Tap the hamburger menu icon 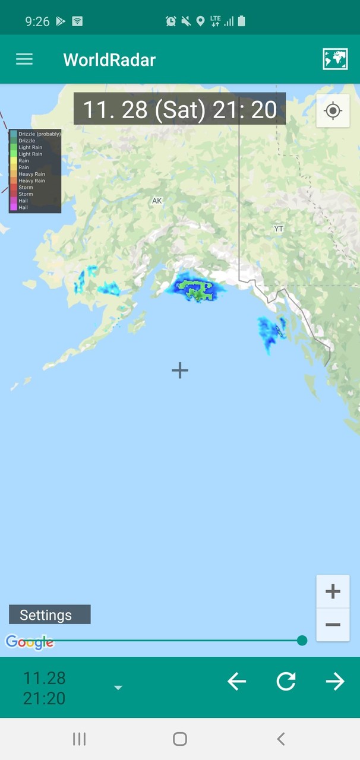(24, 59)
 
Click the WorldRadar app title (109, 60)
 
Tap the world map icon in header (335, 59)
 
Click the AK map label (157, 201)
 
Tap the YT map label (279, 229)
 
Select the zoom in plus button (333, 591)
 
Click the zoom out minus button (333, 625)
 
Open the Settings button (49, 615)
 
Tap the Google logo (29, 642)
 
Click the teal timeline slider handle (302, 640)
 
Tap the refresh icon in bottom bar (286, 681)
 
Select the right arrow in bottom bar (335, 681)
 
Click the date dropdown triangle (118, 688)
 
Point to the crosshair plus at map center (180, 370)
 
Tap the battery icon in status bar (241, 21)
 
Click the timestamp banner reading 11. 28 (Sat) (179, 109)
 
